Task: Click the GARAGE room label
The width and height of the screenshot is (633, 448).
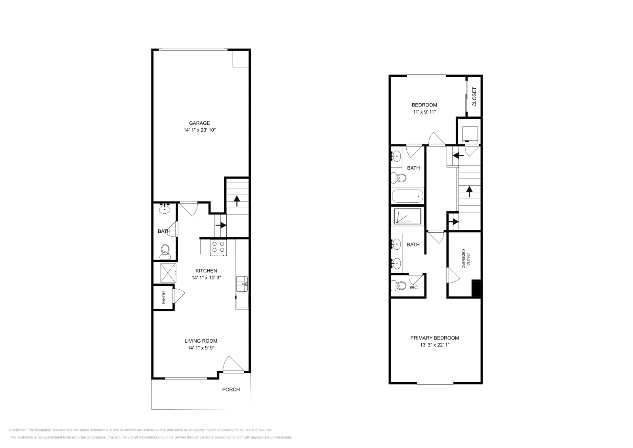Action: tap(199, 123)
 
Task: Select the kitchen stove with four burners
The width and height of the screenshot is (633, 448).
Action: tap(218, 247)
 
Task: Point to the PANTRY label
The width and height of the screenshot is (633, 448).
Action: tap(163, 298)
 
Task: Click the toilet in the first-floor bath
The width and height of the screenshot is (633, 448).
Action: tap(165, 251)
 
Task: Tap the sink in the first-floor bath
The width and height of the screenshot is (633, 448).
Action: tap(165, 209)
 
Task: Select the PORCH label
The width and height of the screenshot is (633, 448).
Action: tap(231, 389)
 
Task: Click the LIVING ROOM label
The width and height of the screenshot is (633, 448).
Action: tap(201, 341)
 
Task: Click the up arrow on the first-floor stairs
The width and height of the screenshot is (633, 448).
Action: tap(237, 201)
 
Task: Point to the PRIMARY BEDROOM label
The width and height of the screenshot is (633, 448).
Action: tap(434, 338)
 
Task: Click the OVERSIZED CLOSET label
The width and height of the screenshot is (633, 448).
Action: tap(466, 259)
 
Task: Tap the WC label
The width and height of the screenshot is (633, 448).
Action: tap(413, 288)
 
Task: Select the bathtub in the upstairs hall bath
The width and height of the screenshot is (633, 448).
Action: tap(407, 196)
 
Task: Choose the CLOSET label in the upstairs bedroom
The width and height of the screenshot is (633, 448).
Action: tap(474, 97)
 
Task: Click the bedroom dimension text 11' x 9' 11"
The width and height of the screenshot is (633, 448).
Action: tap(424, 112)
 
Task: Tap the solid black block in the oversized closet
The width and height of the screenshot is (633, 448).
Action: tap(478, 288)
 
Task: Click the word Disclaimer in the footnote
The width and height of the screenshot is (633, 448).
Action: tap(17, 430)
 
